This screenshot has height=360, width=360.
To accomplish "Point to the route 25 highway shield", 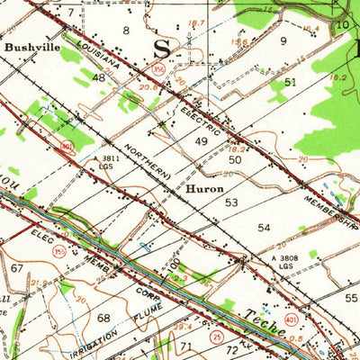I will click(213, 335).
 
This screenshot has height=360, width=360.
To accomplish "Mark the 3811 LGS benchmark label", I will click(109, 164).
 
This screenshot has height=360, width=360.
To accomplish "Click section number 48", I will click(99, 78).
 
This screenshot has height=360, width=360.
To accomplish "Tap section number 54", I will click(264, 228).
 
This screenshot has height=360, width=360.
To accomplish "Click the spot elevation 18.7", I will click(197, 22).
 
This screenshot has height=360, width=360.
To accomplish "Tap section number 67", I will click(16, 268).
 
